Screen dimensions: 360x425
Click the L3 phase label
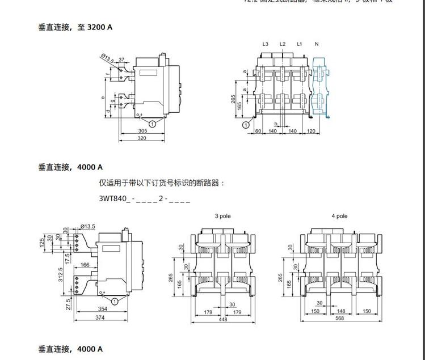tap(265, 44)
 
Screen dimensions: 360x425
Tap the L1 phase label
tap(300, 44)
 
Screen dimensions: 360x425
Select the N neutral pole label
tap(317, 44)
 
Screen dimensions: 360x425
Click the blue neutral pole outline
tap(321, 85)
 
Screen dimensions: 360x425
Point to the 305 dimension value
tap(142, 131)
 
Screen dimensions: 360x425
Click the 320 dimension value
tap(142, 138)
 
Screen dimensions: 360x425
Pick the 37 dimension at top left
tap(121, 60)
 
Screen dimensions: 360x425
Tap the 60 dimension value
tap(258, 131)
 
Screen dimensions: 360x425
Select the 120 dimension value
tap(311, 131)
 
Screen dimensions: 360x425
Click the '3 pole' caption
tap(222, 216)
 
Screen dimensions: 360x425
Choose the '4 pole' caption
tap(339, 216)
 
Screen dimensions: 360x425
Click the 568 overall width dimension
tap(340, 318)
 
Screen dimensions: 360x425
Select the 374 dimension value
tap(100, 318)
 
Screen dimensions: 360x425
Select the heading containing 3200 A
tap(75, 27)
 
